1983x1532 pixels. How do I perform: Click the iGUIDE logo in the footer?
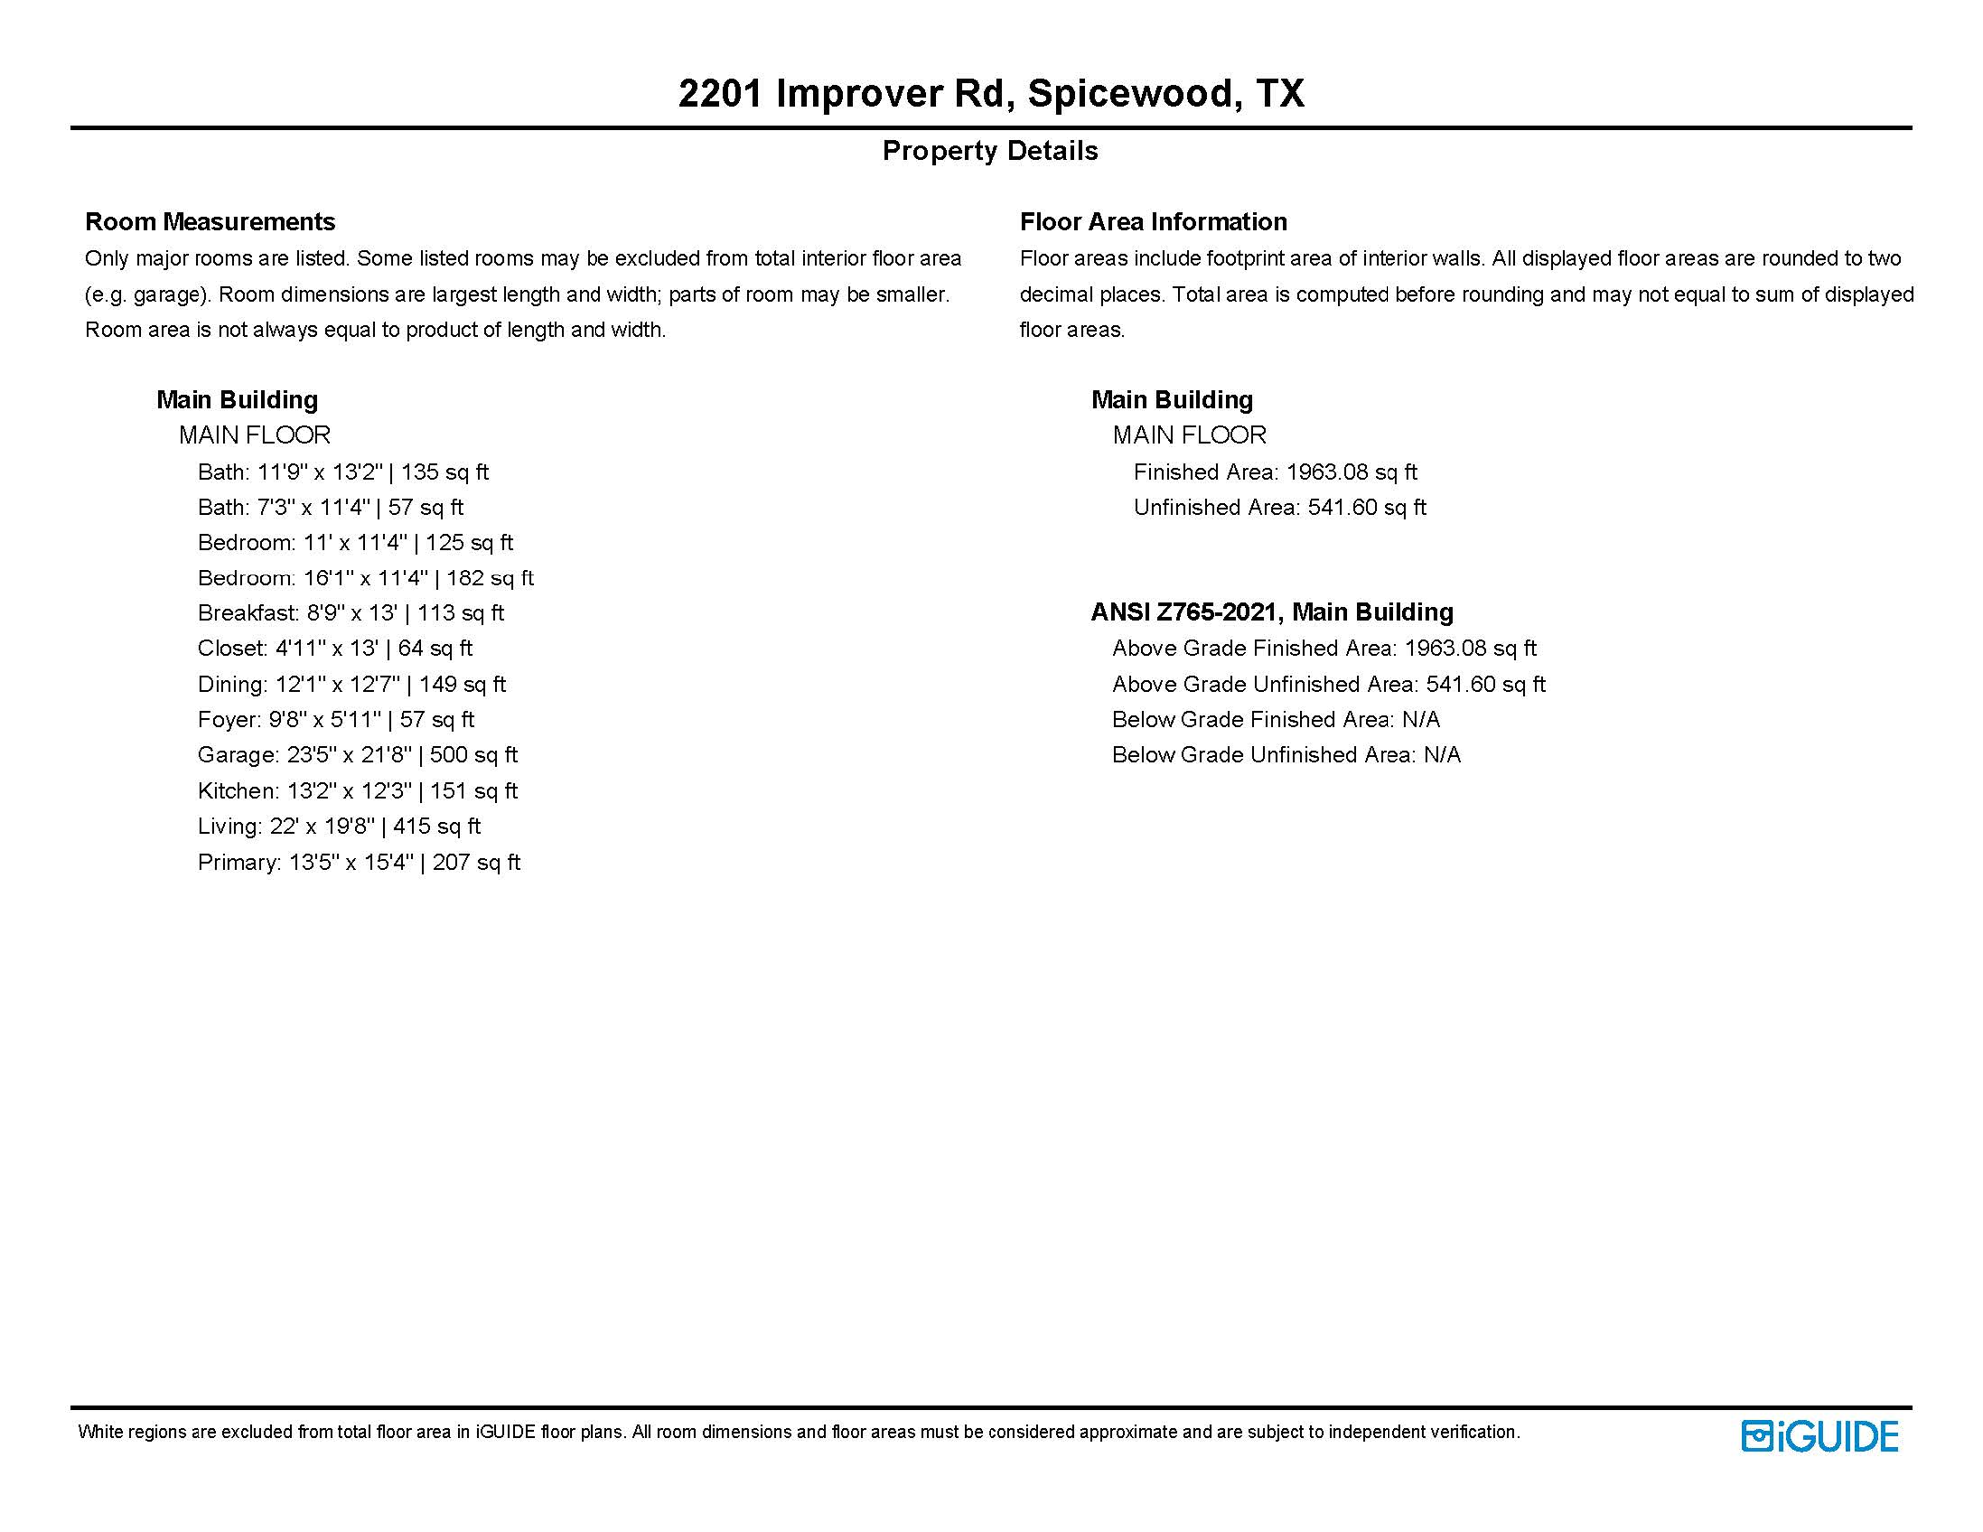[1818, 1437]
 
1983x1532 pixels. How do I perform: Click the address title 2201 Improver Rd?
[991, 93]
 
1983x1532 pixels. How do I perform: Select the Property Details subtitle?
[990, 151]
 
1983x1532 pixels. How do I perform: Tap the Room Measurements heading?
[209, 221]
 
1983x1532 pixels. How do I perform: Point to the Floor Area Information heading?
[1153, 221]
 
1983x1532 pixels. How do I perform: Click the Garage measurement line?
[357, 755]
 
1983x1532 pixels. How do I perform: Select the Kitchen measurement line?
[357, 791]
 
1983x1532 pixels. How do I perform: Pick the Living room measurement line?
[339, 826]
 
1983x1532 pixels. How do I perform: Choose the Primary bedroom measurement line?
[359, 862]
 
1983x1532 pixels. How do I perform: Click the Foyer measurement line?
[336, 719]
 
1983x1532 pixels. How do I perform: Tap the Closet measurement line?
[335, 648]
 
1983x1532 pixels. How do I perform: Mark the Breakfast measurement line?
[351, 613]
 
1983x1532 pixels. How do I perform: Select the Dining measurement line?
[352, 684]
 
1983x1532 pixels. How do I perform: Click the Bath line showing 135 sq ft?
[343, 472]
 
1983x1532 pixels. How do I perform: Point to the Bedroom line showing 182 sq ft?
[365, 578]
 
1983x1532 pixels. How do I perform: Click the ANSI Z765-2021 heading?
[1272, 612]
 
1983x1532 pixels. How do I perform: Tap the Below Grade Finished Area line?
[1276, 719]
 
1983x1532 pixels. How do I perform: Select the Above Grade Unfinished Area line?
[1329, 684]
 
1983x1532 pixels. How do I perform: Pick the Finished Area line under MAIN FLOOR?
[1275, 472]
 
